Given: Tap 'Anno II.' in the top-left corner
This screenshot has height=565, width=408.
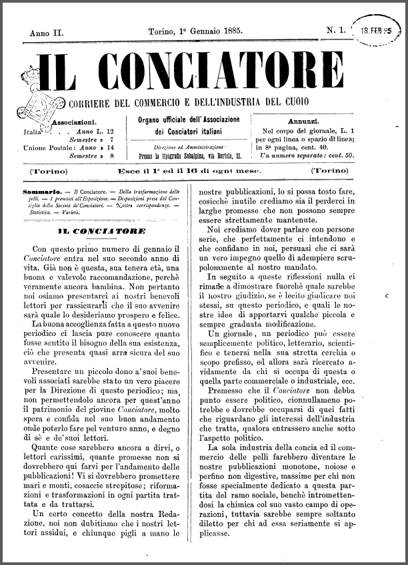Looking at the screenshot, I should [45, 31].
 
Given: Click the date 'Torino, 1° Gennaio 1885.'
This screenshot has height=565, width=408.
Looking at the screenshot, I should [195, 31].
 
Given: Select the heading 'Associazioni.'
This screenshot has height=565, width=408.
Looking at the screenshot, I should [74, 122].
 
